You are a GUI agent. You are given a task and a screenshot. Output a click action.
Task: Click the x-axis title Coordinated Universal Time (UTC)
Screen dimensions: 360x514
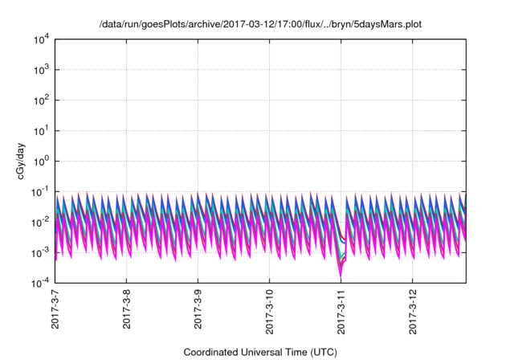point(259,352)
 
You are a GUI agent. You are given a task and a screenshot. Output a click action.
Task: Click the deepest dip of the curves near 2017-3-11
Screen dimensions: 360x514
point(340,276)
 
